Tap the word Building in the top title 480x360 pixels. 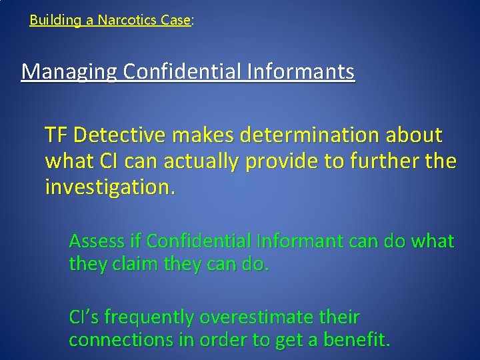coord(55,20)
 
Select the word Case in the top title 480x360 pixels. coord(175,20)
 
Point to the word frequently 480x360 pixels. coord(157,316)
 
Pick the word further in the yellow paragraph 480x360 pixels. coord(387,162)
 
